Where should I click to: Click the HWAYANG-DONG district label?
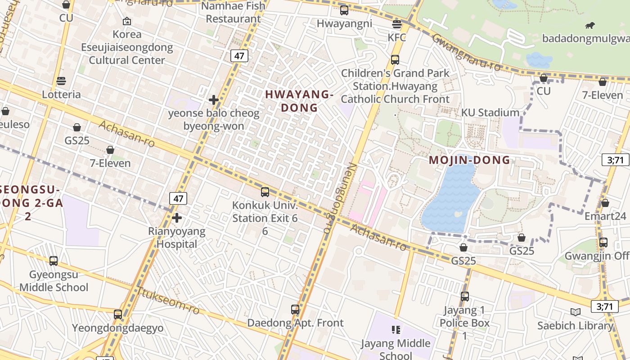[x=299, y=101]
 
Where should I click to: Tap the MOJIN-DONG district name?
[x=469, y=160]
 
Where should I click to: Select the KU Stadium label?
[x=490, y=112]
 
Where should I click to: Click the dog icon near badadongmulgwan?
[x=589, y=26]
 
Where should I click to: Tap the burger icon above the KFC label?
[x=396, y=24]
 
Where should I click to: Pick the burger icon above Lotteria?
[x=61, y=81]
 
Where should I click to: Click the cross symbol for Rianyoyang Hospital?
[x=177, y=218]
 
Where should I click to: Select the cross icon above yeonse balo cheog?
[x=214, y=100]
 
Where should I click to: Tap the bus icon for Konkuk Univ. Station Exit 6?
[x=265, y=192]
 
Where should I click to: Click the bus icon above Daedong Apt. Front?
[x=295, y=310]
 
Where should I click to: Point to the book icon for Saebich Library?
[x=575, y=312]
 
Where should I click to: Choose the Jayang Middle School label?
[x=396, y=349]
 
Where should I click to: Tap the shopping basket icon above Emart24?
[x=605, y=203]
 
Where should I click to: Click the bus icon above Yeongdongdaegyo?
[x=118, y=314]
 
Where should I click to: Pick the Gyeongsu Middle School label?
[x=54, y=281]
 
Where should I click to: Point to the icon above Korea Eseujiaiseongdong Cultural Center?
[x=127, y=21]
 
